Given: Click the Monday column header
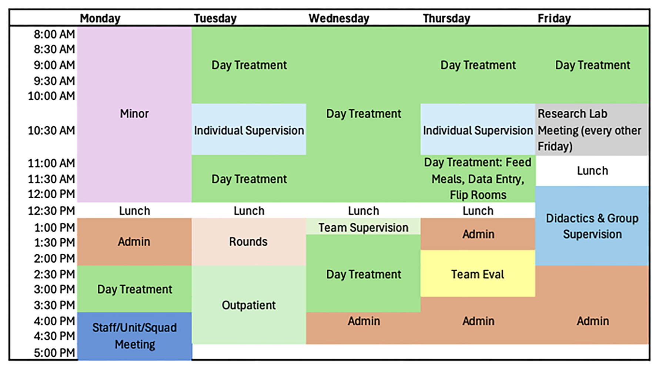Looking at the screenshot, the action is [x=100, y=18].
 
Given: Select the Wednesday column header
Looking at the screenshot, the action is [x=339, y=18].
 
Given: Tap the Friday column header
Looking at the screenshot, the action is [x=554, y=18].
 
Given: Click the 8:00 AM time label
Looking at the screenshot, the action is [x=54, y=34].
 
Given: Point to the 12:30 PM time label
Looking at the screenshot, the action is [x=51, y=211].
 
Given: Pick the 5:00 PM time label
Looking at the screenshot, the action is [x=54, y=353].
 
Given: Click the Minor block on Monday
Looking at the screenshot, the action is [x=134, y=114].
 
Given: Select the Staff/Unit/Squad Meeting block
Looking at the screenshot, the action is [x=134, y=336].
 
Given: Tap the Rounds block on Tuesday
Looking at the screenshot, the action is [x=249, y=242].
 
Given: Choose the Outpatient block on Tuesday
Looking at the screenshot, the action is [x=249, y=305].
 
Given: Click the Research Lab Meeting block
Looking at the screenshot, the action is [x=592, y=129].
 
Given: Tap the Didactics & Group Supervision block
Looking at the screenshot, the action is [x=592, y=226].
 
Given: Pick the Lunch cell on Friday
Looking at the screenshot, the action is [x=592, y=171].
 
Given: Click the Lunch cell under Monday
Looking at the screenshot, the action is [x=134, y=211].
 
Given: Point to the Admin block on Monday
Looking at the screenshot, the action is [x=134, y=242].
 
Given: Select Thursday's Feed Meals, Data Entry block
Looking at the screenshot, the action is [x=478, y=179].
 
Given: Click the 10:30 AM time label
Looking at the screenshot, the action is [x=51, y=131].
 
